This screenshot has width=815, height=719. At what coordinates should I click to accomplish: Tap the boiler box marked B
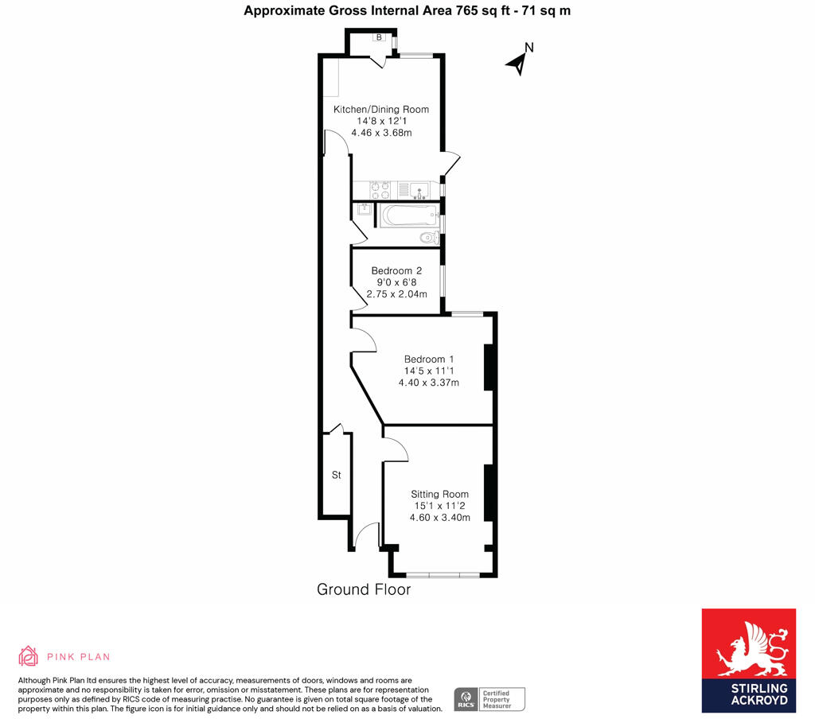tap(379, 37)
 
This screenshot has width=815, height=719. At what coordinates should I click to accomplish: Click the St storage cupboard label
tap(337, 475)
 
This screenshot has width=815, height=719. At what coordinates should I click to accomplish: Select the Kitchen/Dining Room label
tap(381, 109)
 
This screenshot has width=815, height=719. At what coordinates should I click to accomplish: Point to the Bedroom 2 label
tap(396, 270)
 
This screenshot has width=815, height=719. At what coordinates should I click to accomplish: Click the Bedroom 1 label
tap(429, 359)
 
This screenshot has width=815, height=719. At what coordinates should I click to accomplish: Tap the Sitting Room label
tap(439, 494)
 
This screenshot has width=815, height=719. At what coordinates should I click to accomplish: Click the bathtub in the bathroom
tap(408, 215)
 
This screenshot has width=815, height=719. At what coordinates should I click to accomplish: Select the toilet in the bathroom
tap(429, 238)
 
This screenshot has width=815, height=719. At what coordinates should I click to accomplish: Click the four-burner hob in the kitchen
tap(380, 190)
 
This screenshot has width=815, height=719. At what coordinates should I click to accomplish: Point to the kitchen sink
tap(419, 190)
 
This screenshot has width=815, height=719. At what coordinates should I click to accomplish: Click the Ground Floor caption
tap(364, 589)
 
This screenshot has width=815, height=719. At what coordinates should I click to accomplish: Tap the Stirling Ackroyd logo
tap(748, 660)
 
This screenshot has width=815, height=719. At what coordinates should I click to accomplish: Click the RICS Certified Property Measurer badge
tap(489, 699)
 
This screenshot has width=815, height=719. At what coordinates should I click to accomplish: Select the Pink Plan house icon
tap(28, 656)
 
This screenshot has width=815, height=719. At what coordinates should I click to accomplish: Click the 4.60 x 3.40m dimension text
tap(439, 518)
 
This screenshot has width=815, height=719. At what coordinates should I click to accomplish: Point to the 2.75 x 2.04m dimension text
tap(396, 294)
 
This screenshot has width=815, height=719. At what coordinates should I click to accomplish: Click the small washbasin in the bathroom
tap(363, 209)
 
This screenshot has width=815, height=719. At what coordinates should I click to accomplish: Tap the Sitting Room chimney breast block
tap(488, 492)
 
